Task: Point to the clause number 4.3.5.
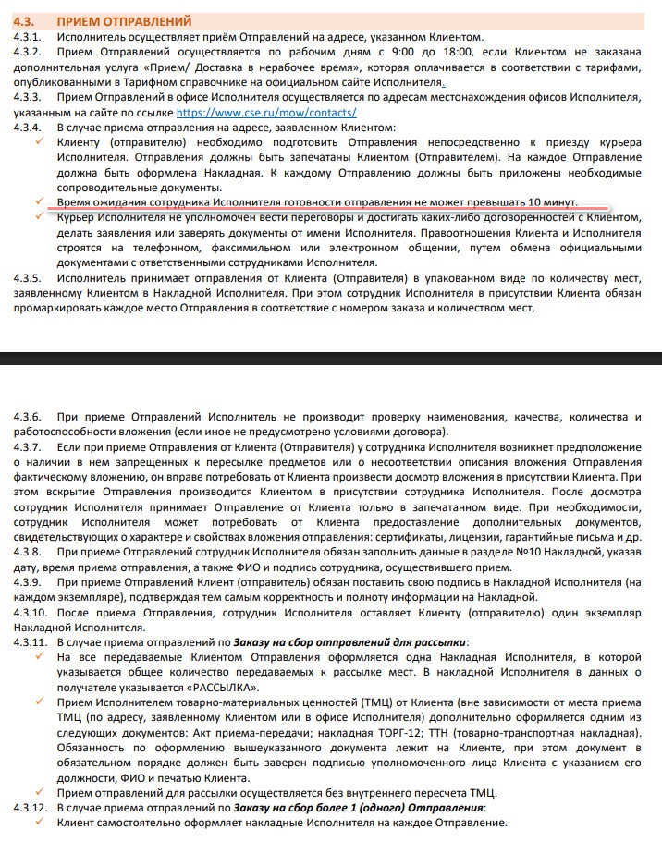click(x=29, y=277)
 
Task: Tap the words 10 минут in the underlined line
click(x=552, y=201)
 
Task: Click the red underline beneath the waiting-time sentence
click(x=324, y=209)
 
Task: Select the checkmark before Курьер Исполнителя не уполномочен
click(x=38, y=216)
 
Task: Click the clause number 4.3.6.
click(x=29, y=416)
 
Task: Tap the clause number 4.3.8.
click(x=29, y=551)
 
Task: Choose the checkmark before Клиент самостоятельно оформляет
click(x=38, y=823)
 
